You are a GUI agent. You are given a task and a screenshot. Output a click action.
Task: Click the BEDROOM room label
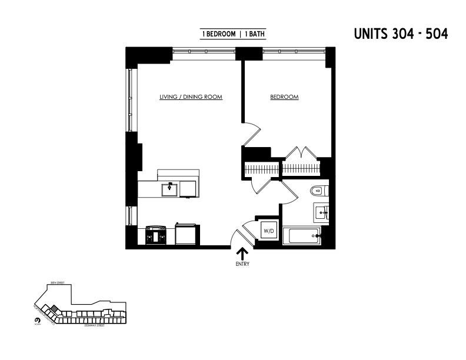pos(284,97)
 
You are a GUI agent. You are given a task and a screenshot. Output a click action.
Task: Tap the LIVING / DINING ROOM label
pos(191,97)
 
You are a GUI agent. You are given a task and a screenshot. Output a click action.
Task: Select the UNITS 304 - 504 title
pos(401,34)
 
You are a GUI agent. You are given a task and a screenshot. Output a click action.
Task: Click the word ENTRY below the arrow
pos(242,264)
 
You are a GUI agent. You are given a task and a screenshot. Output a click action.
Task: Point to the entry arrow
pos(242,254)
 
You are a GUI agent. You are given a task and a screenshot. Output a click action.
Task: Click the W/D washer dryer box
pos(268,231)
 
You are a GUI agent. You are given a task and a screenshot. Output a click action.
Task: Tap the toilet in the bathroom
pos(318,191)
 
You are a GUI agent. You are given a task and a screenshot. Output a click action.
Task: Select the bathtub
pos(302,236)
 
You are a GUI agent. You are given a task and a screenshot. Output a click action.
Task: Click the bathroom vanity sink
pos(321,213)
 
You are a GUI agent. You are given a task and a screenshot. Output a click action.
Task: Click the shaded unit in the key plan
pos(53,308)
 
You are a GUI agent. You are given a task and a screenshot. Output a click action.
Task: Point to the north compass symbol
pos(37,320)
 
